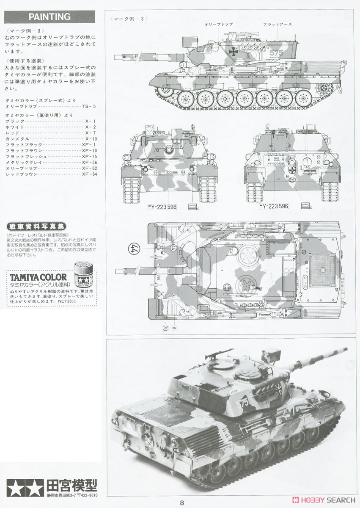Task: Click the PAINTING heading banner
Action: tap(49, 17)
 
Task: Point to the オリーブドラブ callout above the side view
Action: tap(219, 25)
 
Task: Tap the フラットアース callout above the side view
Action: tap(277, 25)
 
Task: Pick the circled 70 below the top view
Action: tap(165, 328)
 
